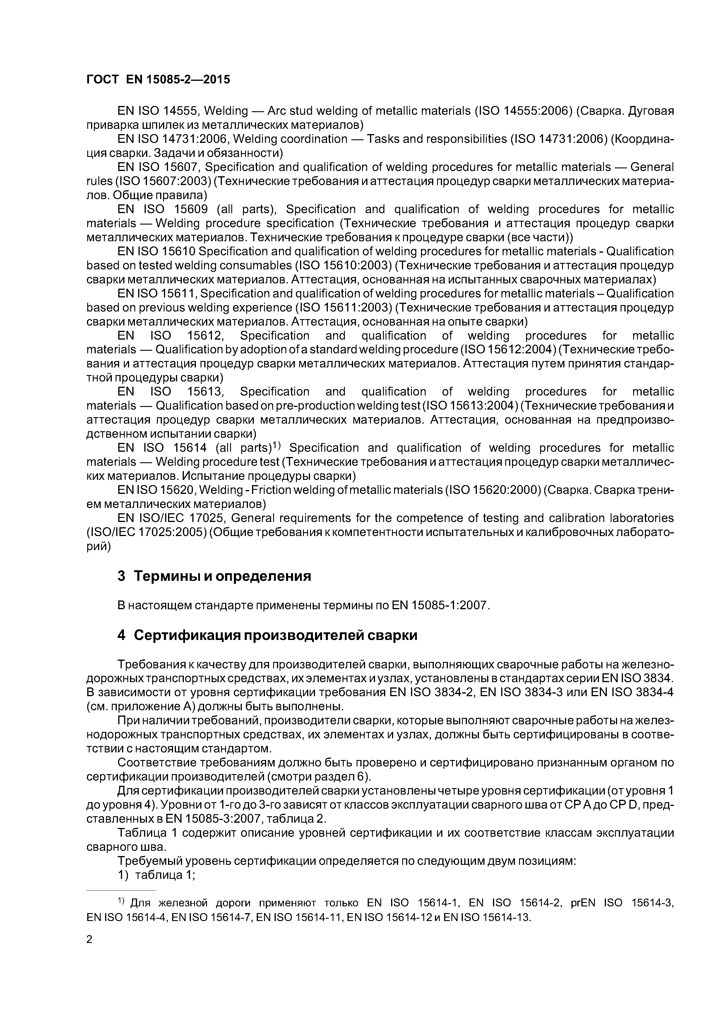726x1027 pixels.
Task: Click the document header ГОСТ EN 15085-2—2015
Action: coord(158,80)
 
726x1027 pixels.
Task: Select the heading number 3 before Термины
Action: coord(121,576)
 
